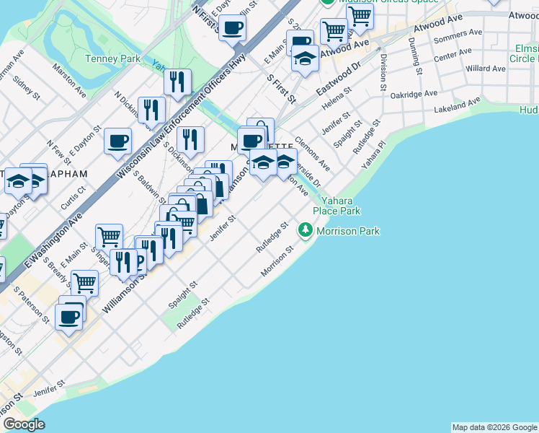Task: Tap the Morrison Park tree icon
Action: [306, 231]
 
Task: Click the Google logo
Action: [24, 425]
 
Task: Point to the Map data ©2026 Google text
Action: [494, 427]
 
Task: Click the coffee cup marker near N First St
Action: [232, 29]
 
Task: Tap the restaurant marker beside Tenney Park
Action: [177, 82]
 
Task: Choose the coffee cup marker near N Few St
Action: [117, 141]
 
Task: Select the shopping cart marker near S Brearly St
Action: [85, 283]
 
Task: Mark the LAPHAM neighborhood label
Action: [68, 174]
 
